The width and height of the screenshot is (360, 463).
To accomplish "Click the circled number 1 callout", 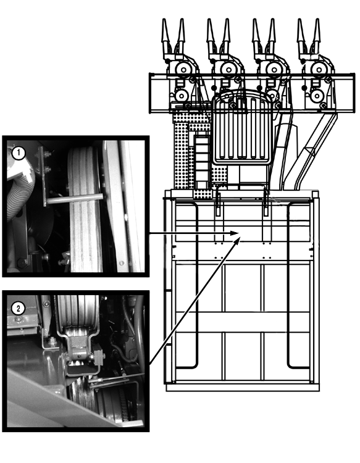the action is tap(19, 153).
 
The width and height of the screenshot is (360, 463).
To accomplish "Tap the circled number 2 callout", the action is tap(18, 309).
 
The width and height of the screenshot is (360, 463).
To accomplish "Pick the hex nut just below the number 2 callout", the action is tap(19, 319).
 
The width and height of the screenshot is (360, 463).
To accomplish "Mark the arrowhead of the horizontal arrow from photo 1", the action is tap(235, 233).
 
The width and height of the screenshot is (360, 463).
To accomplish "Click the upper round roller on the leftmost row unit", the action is tap(183, 70).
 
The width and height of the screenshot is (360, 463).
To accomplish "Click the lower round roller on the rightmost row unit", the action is tap(316, 96).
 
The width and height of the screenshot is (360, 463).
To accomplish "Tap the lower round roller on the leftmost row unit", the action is tap(182, 96).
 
